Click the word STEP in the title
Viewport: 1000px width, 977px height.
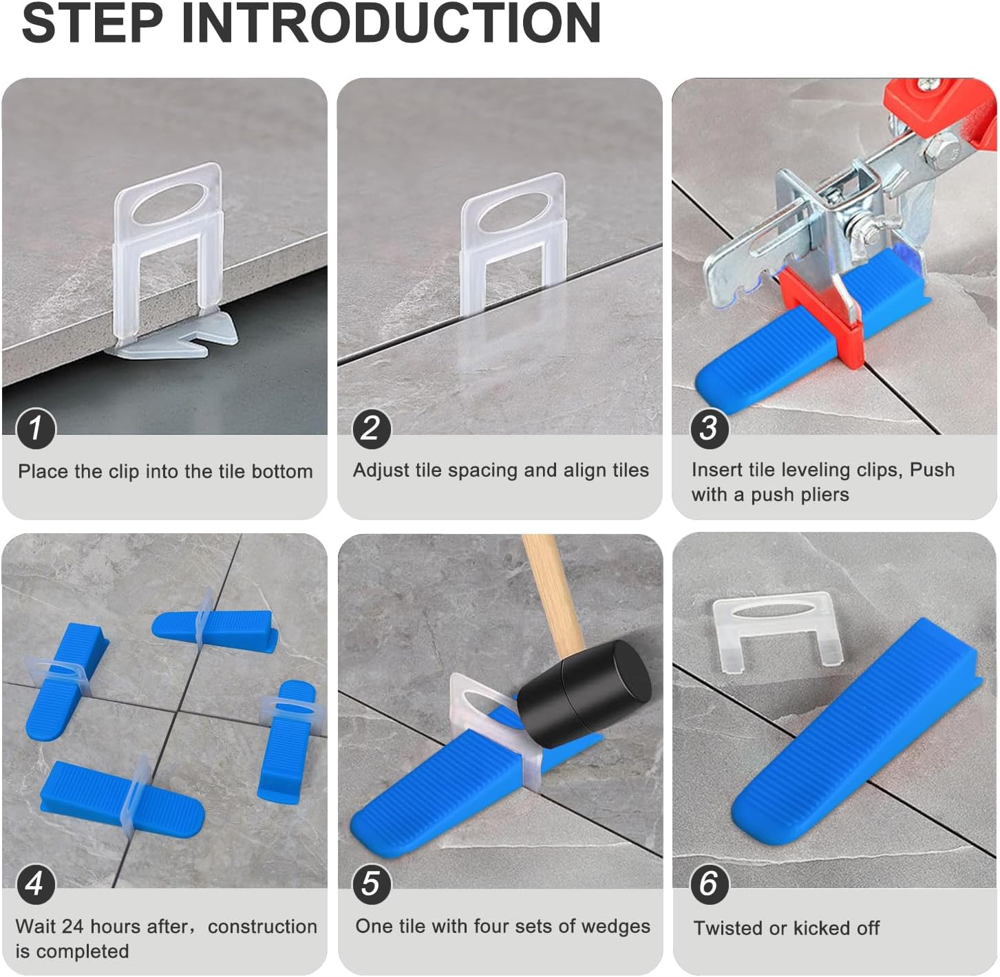point(93,23)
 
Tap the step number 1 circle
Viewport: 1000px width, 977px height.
point(35,427)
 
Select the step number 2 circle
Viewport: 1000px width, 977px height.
point(371,427)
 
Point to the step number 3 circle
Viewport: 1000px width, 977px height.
point(709,427)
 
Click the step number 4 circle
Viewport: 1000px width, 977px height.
point(35,883)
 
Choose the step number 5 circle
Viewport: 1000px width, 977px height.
point(371,883)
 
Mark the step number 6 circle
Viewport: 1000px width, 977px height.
point(709,883)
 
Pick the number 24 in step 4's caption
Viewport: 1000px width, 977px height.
point(73,927)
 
